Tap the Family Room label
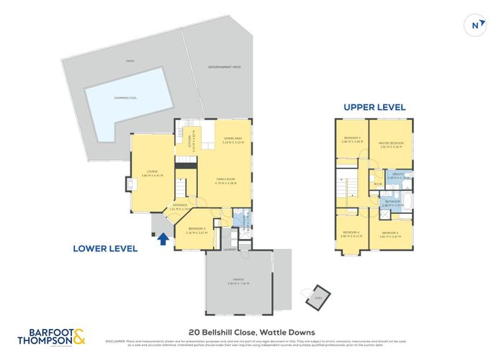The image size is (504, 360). click(x=227, y=181)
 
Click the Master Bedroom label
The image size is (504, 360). click(x=391, y=144)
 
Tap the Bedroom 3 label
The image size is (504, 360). click(x=351, y=139)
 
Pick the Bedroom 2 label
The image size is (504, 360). click(x=390, y=234)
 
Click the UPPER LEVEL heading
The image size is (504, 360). click(x=374, y=107)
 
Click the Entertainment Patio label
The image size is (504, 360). click(x=225, y=67)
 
